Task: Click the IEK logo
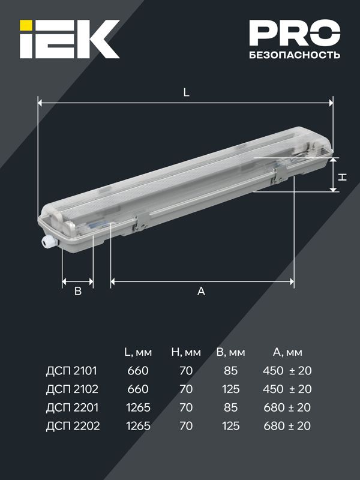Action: [x=69, y=39]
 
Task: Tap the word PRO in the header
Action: [x=294, y=34]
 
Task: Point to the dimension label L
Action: [x=186, y=93]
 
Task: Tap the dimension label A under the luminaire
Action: [x=202, y=291]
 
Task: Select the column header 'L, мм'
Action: [x=138, y=352]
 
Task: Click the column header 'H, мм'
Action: [x=186, y=352]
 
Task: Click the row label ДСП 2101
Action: [x=71, y=371]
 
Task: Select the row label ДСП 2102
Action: [x=71, y=389]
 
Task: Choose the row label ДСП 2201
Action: [x=71, y=407]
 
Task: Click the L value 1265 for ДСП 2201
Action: [x=138, y=407]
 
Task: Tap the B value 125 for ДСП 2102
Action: [x=229, y=389]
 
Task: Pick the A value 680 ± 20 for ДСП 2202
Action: [x=287, y=426]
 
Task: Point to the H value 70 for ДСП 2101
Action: [x=186, y=371]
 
